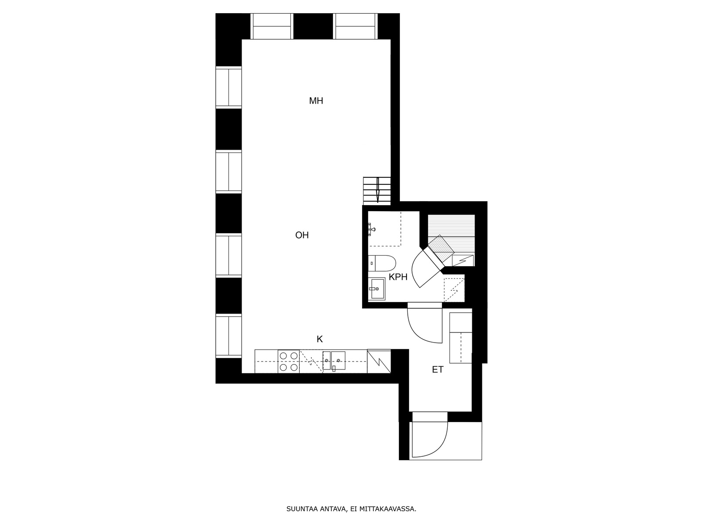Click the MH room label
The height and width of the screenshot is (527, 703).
(x=316, y=101)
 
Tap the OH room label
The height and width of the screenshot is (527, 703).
(x=302, y=235)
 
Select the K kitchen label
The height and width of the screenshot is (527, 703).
(x=319, y=339)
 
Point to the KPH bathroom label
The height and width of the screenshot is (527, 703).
(x=398, y=277)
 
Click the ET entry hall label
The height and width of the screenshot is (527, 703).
(x=438, y=370)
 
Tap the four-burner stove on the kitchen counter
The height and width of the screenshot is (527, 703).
(x=289, y=361)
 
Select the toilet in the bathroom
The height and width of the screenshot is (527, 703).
(x=382, y=263)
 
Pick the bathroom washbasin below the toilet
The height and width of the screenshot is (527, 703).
(x=377, y=289)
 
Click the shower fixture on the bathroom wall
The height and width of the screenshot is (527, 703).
(x=371, y=229)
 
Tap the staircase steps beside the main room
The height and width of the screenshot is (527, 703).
(x=377, y=191)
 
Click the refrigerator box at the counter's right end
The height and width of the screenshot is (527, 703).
(x=379, y=361)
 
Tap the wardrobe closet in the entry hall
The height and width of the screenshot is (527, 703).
(x=461, y=338)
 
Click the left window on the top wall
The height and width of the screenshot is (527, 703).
(x=272, y=26)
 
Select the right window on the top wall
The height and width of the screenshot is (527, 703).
(x=355, y=26)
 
